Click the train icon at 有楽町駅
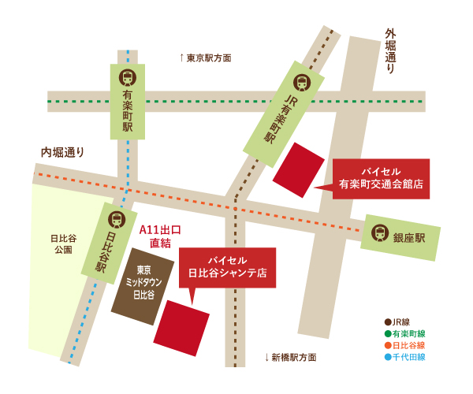coord(127,77)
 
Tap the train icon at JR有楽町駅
coord(302,82)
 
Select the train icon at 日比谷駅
coord(116,219)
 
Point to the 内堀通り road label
coord(63,152)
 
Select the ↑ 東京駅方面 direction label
coord(206,58)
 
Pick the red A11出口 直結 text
coord(160,236)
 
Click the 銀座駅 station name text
coord(409,236)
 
